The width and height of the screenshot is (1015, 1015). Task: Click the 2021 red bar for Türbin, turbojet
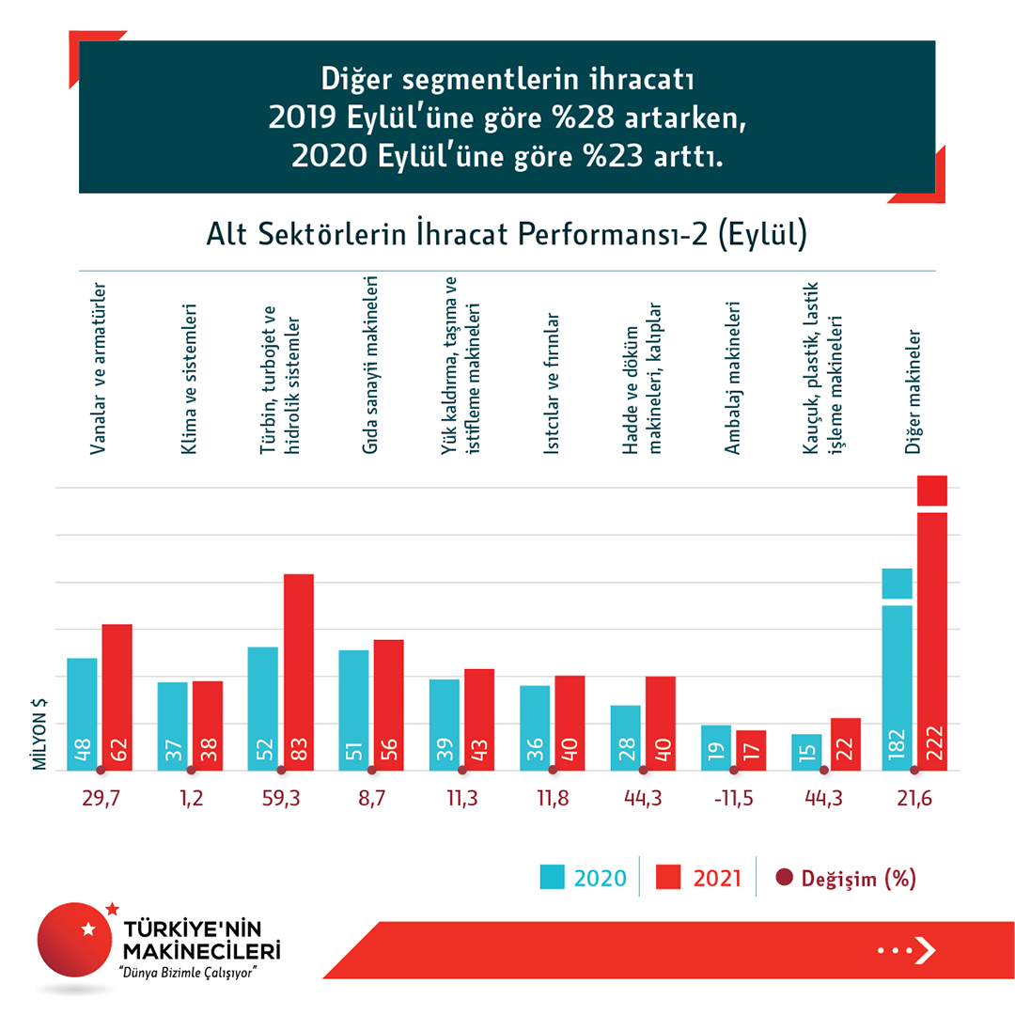point(298,672)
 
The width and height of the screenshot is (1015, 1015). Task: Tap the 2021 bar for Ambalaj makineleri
point(752,750)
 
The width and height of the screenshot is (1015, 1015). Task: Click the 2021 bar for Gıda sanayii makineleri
point(388,705)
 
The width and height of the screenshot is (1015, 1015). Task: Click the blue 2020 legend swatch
point(552,878)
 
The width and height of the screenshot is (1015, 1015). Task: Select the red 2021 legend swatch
point(668,878)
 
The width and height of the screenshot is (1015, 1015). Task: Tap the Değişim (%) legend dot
point(785,879)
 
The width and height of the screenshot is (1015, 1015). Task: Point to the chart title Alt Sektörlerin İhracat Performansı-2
point(507,234)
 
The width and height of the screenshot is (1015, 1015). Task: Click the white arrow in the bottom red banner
point(925,951)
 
